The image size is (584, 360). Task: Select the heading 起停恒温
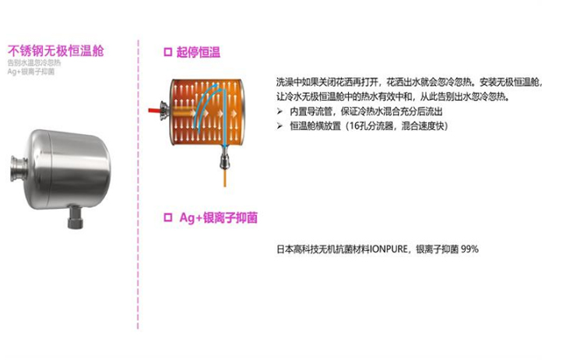tap(198, 53)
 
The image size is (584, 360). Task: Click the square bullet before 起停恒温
tap(167, 52)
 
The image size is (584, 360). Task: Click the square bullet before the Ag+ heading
tap(167, 219)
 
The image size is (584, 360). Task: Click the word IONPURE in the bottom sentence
tap(391, 249)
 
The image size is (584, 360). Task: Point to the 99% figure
tap(470, 249)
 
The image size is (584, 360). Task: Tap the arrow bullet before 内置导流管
tap(281, 113)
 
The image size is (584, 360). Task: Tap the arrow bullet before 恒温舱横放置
tap(281, 126)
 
